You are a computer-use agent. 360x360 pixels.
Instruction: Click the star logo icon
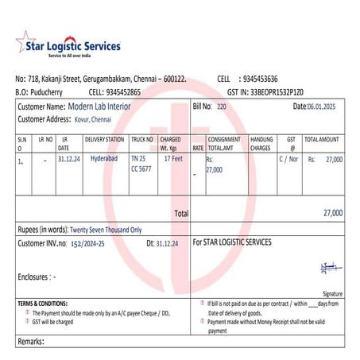25,43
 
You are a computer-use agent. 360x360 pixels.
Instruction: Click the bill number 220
222,106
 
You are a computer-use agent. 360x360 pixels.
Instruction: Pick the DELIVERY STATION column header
104,139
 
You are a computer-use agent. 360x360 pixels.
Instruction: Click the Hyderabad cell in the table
105,159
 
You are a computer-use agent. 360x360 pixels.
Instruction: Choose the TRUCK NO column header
141,139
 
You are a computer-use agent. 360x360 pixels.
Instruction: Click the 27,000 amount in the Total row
333,213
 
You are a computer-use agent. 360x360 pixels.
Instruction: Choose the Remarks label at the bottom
32,341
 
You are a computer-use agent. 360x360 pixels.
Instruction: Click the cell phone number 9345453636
260,79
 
